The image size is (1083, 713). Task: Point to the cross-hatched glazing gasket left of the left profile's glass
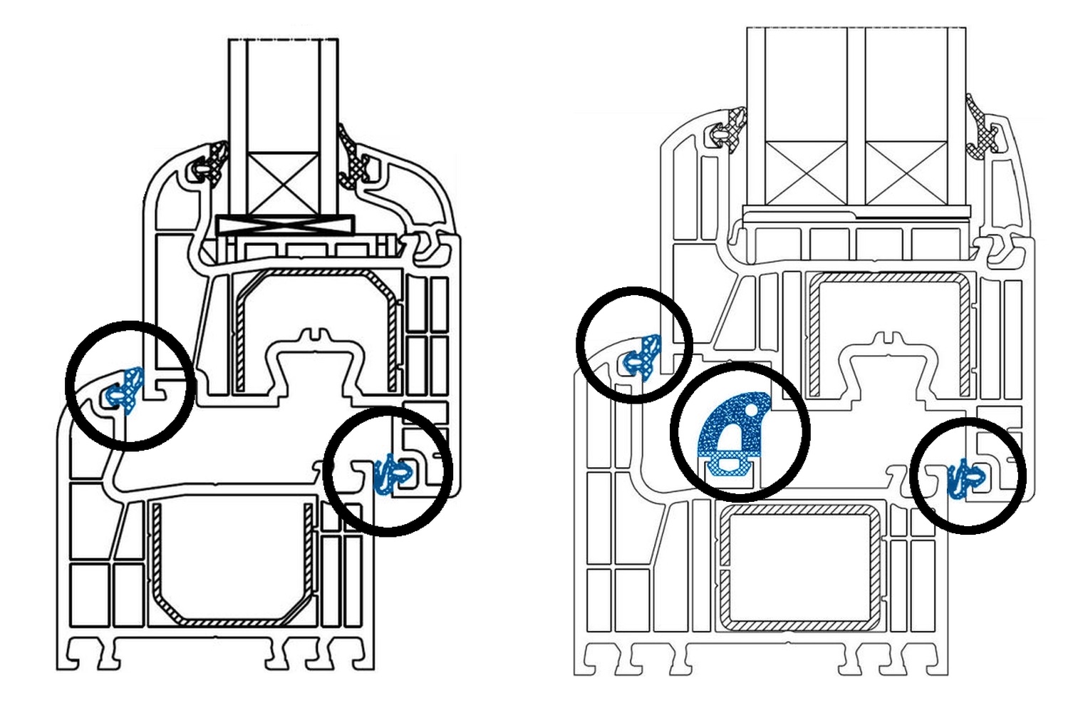point(214,160)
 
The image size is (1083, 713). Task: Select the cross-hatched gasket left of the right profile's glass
point(734,128)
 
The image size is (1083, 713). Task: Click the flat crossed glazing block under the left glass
point(284,225)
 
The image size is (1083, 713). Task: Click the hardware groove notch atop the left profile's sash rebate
point(314,334)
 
